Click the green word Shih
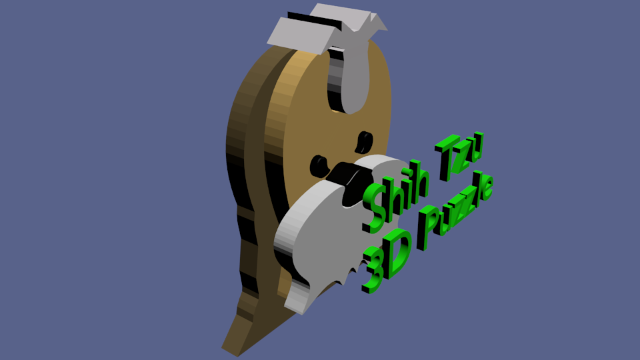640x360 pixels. pos(395,196)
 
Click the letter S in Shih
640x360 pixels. pos(373,208)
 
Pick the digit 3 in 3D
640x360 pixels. pos(372,270)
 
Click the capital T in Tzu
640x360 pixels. pos(447,157)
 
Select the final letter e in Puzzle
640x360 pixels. pos(487,188)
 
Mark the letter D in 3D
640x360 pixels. pos(397,253)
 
